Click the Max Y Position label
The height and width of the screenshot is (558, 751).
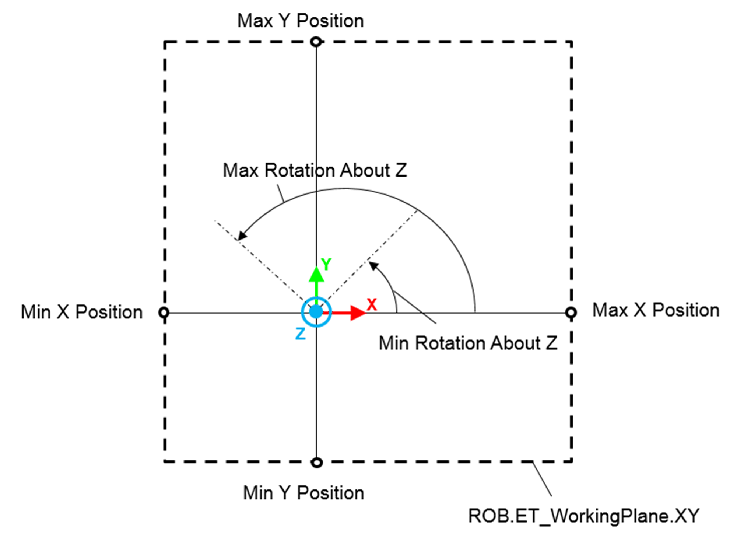(x=300, y=21)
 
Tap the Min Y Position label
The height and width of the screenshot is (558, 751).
(x=303, y=493)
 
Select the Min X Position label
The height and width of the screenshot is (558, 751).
(x=81, y=312)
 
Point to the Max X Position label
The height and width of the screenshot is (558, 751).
(x=656, y=310)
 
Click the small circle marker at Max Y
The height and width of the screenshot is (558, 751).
(x=316, y=42)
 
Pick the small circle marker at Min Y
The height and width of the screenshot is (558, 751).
(x=317, y=463)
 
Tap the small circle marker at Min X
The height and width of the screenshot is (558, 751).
(x=164, y=313)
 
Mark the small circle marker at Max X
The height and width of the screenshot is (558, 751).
(x=571, y=313)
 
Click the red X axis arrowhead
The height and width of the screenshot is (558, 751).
(x=357, y=313)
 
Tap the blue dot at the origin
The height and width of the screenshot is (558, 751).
(x=316, y=312)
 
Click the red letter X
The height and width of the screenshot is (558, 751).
(x=372, y=305)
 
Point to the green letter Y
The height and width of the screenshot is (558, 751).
(x=326, y=264)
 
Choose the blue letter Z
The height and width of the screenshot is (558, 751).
(x=301, y=334)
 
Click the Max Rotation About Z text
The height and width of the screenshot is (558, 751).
(x=315, y=171)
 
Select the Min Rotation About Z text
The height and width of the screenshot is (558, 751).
(x=468, y=343)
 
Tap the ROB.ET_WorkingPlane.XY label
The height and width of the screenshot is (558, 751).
(x=583, y=516)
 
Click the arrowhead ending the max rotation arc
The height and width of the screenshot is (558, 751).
(x=242, y=236)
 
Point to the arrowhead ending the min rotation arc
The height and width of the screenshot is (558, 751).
(x=373, y=265)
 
